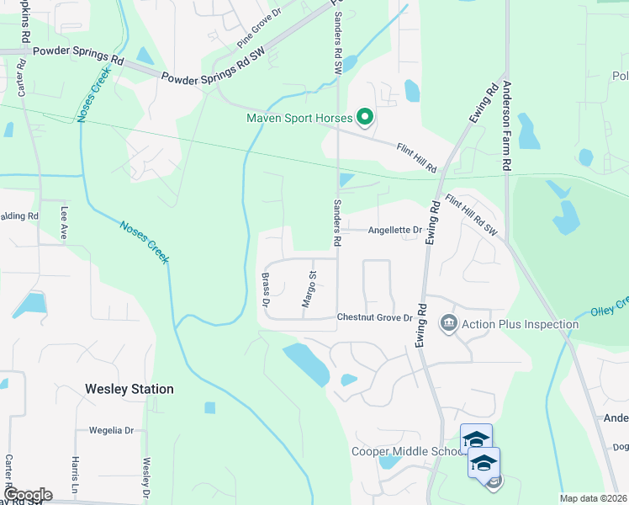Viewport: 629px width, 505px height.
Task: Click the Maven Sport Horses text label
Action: pyautogui.click(x=299, y=118)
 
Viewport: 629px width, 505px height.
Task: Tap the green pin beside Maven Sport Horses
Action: pyautogui.click(x=365, y=118)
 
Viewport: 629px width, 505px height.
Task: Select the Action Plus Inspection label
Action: pyautogui.click(x=521, y=324)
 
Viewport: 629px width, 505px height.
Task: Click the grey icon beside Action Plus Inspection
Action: pyautogui.click(x=448, y=323)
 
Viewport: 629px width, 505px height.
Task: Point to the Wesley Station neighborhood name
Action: pyautogui.click(x=129, y=389)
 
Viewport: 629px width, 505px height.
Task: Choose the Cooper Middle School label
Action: pyautogui.click(x=404, y=451)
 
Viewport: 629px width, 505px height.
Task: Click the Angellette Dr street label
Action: pyautogui.click(x=394, y=230)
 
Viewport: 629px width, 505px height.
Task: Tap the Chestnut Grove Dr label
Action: pyautogui.click(x=375, y=317)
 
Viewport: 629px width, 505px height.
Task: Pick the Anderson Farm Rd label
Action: pyautogui.click(x=507, y=127)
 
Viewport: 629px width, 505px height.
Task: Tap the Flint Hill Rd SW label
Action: pyautogui.click(x=472, y=215)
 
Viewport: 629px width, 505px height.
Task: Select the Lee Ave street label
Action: pyautogui.click(x=63, y=225)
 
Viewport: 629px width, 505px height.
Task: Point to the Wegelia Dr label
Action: pyautogui.click(x=112, y=430)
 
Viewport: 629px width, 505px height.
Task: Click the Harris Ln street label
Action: pyautogui.click(x=75, y=474)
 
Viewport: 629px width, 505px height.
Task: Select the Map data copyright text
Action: pyautogui.click(x=594, y=498)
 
